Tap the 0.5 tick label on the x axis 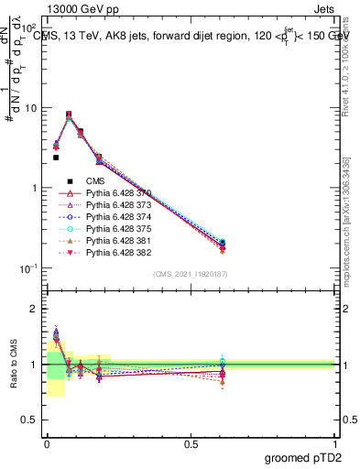(x=191, y=442)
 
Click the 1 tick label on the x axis (x=335, y=442)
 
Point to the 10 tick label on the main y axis (x=31, y=108)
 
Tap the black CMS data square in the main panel (x=56, y=158)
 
